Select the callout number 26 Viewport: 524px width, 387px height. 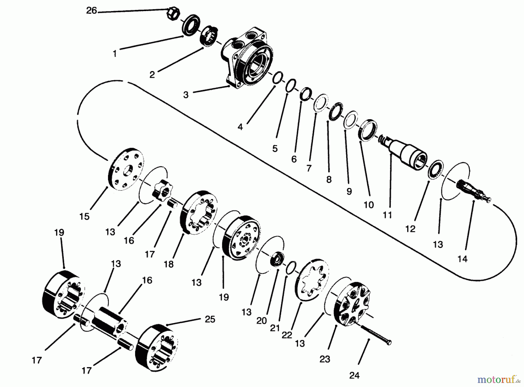[x=91, y=11]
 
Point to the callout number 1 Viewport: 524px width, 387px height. [x=115, y=54]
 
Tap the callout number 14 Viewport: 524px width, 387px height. [x=462, y=258]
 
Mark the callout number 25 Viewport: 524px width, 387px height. [x=210, y=319]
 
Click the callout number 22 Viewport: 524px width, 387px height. [x=287, y=335]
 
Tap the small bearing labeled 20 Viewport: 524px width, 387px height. [x=277, y=259]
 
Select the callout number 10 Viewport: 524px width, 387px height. [x=369, y=205]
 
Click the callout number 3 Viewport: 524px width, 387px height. [x=186, y=94]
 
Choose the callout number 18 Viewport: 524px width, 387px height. [x=169, y=264]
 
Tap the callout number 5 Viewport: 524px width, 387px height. [x=275, y=148]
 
